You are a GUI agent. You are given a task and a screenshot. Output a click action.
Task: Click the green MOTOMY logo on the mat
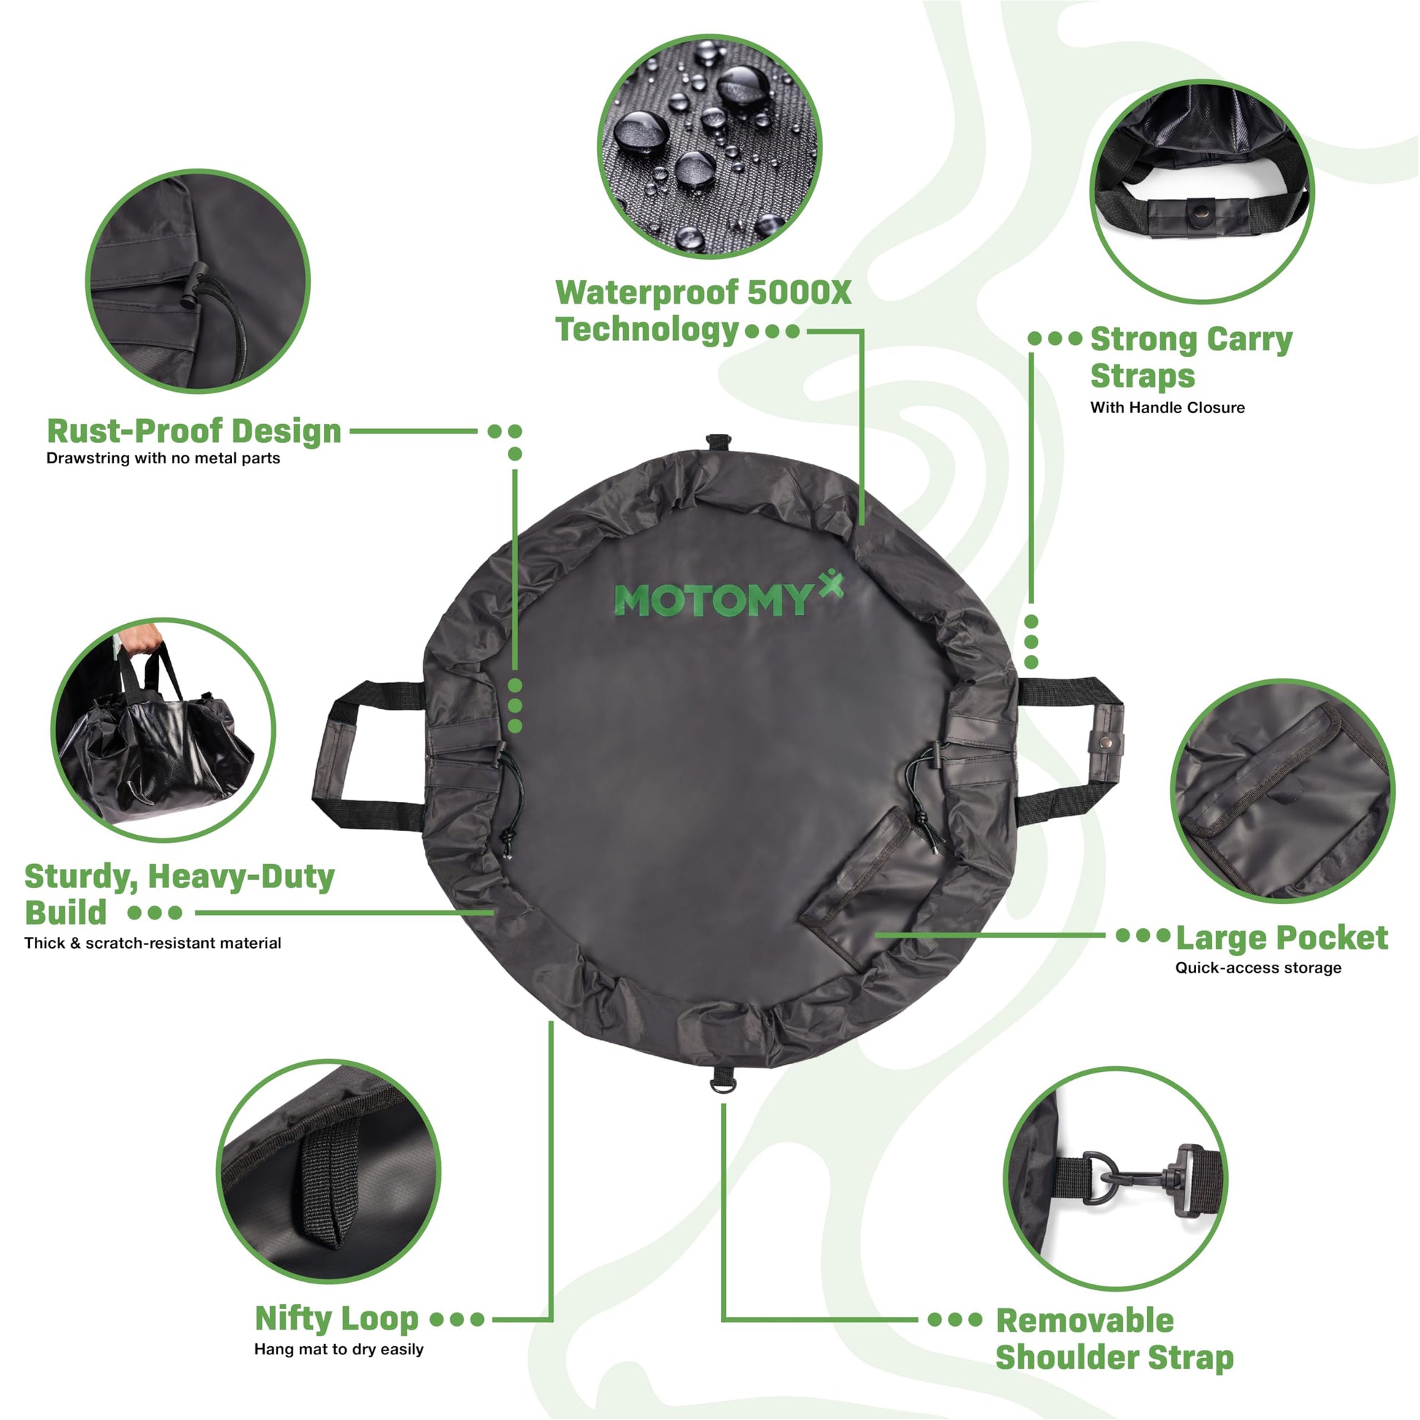tap(728, 596)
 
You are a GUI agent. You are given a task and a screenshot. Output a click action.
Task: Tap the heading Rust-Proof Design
tap(194, 431)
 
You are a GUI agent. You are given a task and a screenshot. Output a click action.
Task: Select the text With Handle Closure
tap(1168, 407)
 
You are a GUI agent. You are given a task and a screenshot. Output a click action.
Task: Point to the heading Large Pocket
tap(1282, 938)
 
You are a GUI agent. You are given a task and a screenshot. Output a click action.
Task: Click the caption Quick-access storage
tap(1258, 968)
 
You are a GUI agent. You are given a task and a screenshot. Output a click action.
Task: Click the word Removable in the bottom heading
tap(1085, 1321)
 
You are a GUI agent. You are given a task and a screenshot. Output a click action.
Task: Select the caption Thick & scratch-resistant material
tap(153, 943)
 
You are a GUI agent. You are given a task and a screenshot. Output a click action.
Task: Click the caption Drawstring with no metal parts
tap(163, 458)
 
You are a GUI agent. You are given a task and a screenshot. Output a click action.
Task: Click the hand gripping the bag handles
tap(140, 638)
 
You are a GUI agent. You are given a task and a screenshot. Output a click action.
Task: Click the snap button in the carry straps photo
tap(1201, 212)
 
